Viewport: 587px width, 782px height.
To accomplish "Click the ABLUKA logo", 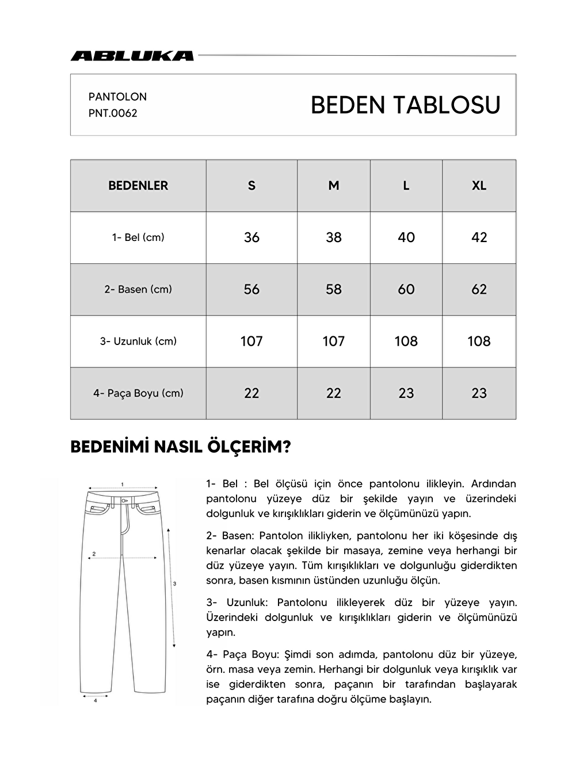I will (x=132, y=56).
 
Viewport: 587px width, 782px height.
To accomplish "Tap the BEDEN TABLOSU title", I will (x=405, y=105).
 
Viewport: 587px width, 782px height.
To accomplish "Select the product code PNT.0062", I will (x=113, y=113).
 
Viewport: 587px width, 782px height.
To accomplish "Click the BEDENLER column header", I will (x=138, y=186).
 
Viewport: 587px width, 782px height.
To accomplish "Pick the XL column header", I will (x=479, y=186).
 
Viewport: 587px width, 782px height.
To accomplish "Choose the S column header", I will (x=251, y=186).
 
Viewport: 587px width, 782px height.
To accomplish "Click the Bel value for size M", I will (x=333, y=237).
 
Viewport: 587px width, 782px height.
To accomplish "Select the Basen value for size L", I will (x=406, y=289).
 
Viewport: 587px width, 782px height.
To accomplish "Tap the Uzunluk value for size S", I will (x=251, y=342).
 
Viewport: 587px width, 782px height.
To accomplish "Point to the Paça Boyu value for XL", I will (x=479, y=393).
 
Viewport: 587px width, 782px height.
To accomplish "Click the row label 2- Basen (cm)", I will (x=138, y=289).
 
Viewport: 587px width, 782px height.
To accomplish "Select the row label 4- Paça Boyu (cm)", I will (x=138, y=393).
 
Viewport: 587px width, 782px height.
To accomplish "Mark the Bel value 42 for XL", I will (x=479, y=237).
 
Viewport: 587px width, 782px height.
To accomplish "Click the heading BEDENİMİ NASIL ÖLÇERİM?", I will (x=180, y=447).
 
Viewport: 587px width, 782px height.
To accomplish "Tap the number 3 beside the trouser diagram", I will (x=174, y=584).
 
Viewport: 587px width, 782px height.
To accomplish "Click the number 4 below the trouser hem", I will (x=95, y=700).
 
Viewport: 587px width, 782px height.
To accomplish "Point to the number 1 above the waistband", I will (x=123, y=484).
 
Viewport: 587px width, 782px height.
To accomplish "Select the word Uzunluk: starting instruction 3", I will (x=247, y=603).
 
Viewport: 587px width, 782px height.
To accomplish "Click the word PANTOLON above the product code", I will (x=117, y=97).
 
